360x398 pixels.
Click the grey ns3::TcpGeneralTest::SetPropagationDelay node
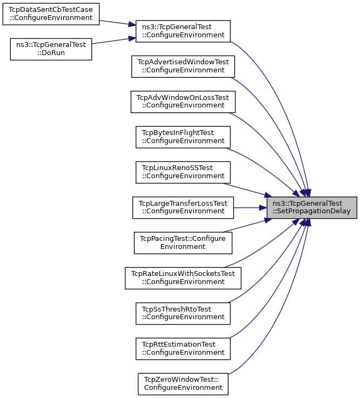coord(312,207)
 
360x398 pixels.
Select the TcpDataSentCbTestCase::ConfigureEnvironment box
coord(51,14)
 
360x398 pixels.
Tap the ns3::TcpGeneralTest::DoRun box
coord(51,49)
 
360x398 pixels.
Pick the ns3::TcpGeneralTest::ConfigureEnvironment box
coord(183,31)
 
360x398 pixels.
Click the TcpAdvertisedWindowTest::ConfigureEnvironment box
coord(183,66)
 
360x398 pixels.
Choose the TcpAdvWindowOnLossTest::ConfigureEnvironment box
coord(183,102)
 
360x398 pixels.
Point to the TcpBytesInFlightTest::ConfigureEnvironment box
coord(183,137)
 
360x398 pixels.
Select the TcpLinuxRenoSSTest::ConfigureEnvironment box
coord(183,172)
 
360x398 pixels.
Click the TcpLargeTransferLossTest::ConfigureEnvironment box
coord(183,207)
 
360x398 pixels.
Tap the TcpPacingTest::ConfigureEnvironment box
coord(183,243)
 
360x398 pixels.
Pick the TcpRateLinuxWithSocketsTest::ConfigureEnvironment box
coord(183,278)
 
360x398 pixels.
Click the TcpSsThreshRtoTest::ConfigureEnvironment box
coord(183,313)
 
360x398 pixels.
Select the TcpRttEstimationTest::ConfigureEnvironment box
coord(183,349)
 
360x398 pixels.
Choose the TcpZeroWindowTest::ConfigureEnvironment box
coord(183,384)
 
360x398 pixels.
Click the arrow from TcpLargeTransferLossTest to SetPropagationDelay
coord(250,207)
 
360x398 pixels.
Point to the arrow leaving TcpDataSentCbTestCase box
coord(118,23)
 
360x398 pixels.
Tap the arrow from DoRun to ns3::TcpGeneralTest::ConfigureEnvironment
coord(114,41)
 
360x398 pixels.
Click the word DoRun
coord(51,53)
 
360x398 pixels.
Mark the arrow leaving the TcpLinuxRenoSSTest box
coord(247,190)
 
